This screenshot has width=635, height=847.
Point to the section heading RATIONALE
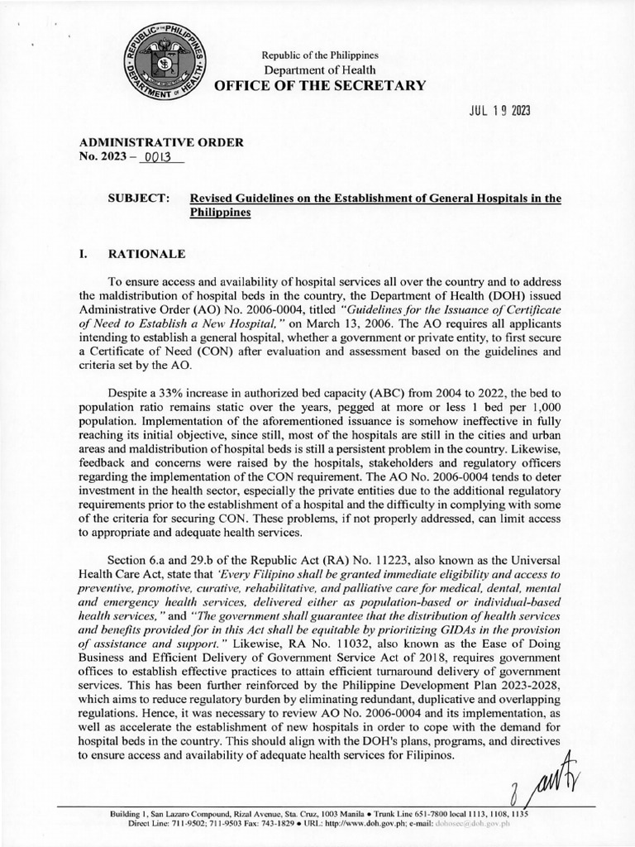point(147,253)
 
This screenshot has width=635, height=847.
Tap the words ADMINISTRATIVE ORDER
point(160,142)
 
